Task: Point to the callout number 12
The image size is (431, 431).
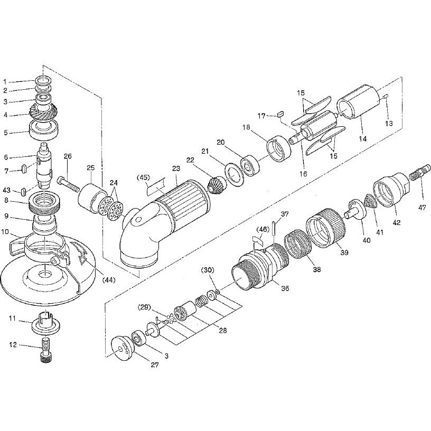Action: point(13,345)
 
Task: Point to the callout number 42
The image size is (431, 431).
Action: point(397,222)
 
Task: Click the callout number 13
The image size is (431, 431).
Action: point(389,124)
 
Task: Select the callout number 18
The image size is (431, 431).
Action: point(247,127)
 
